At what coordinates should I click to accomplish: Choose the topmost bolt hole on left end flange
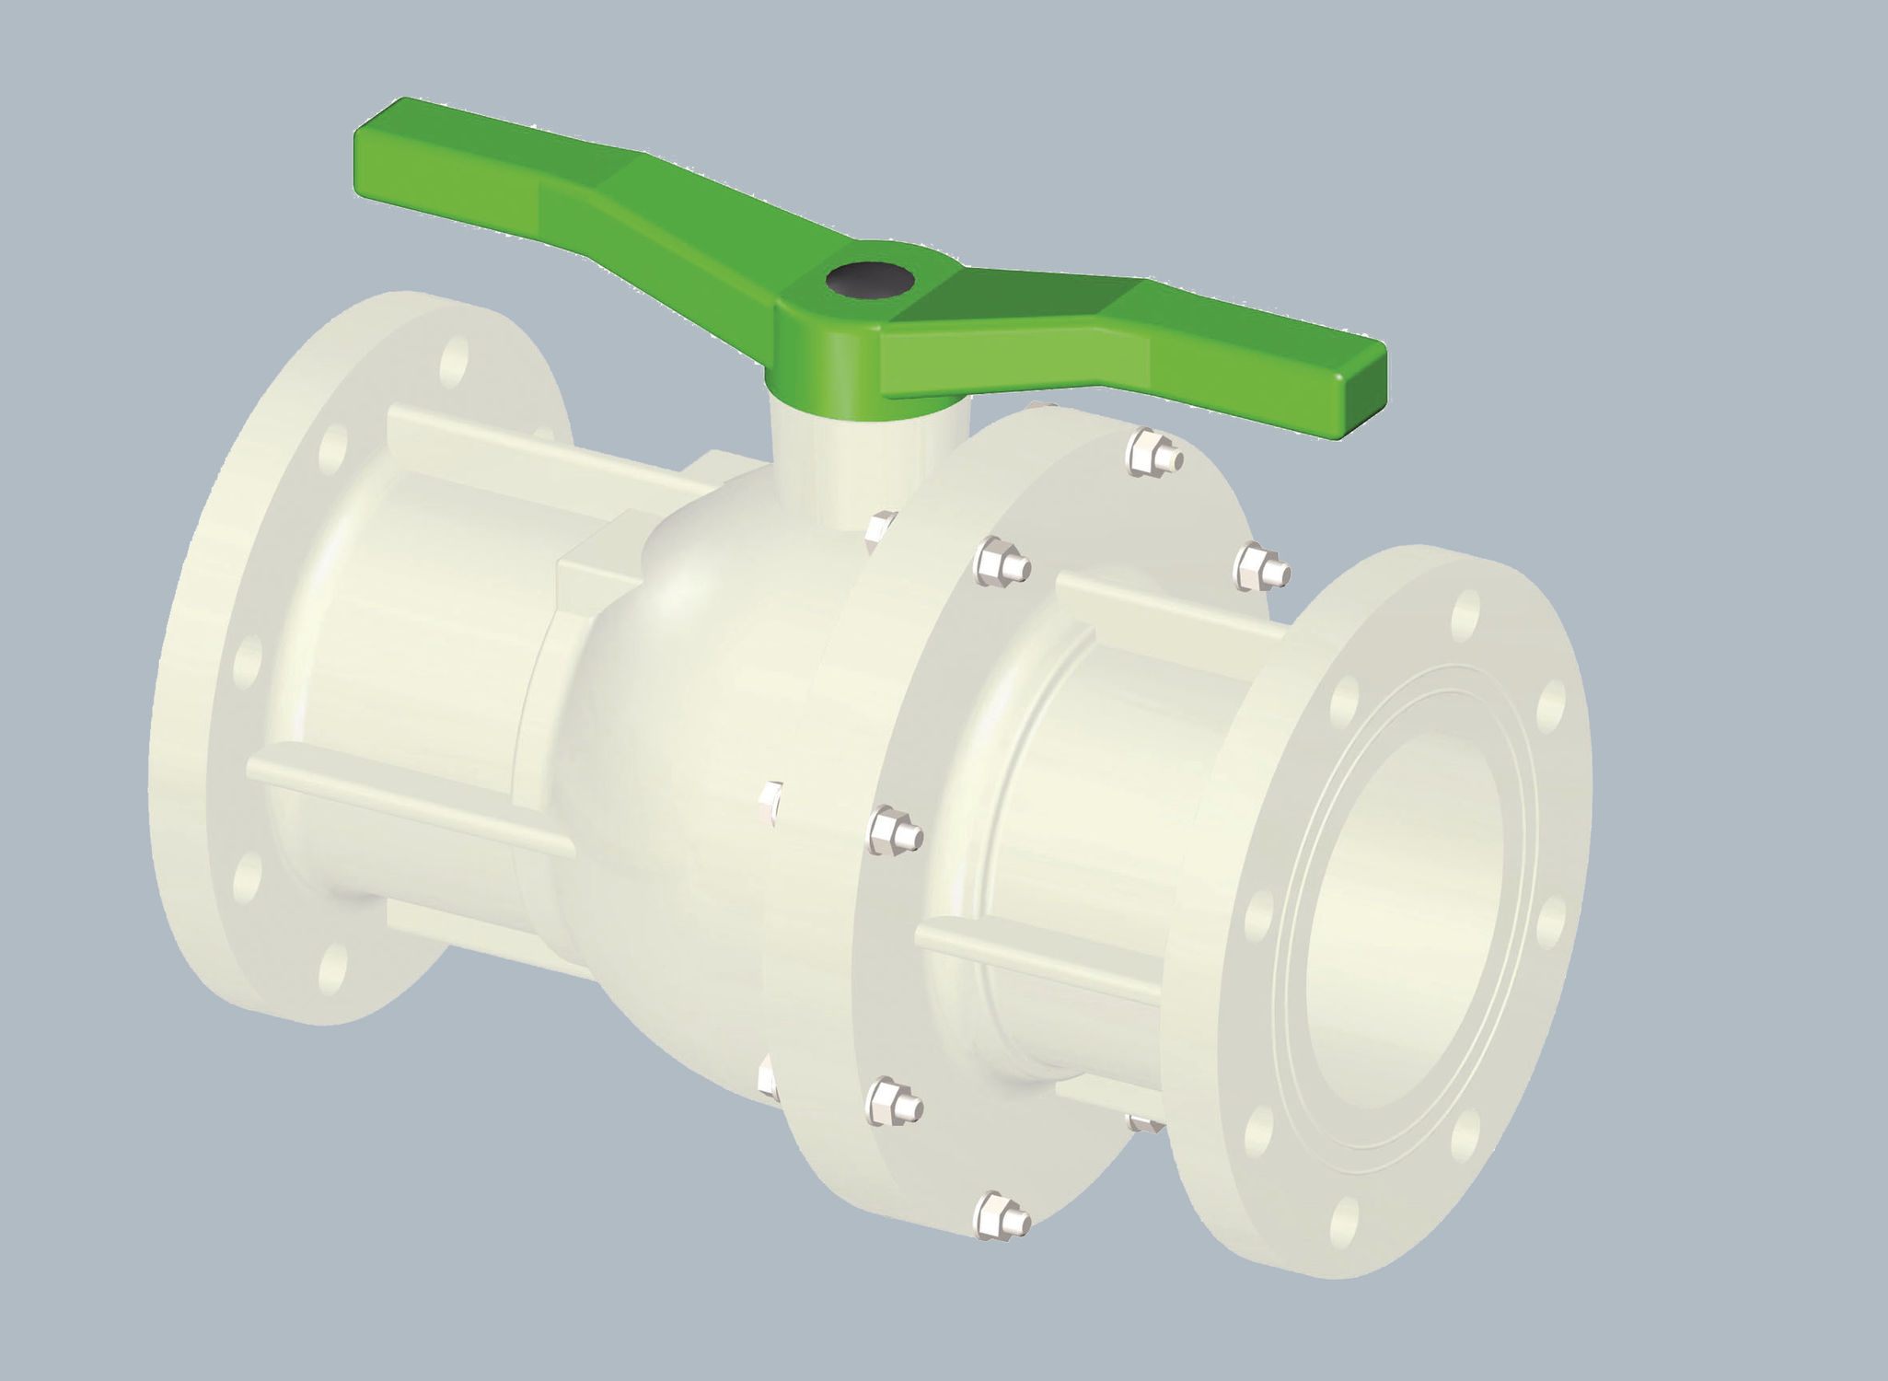(x=453, y=360)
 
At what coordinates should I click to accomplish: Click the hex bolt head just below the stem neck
(x=879, y=532)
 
